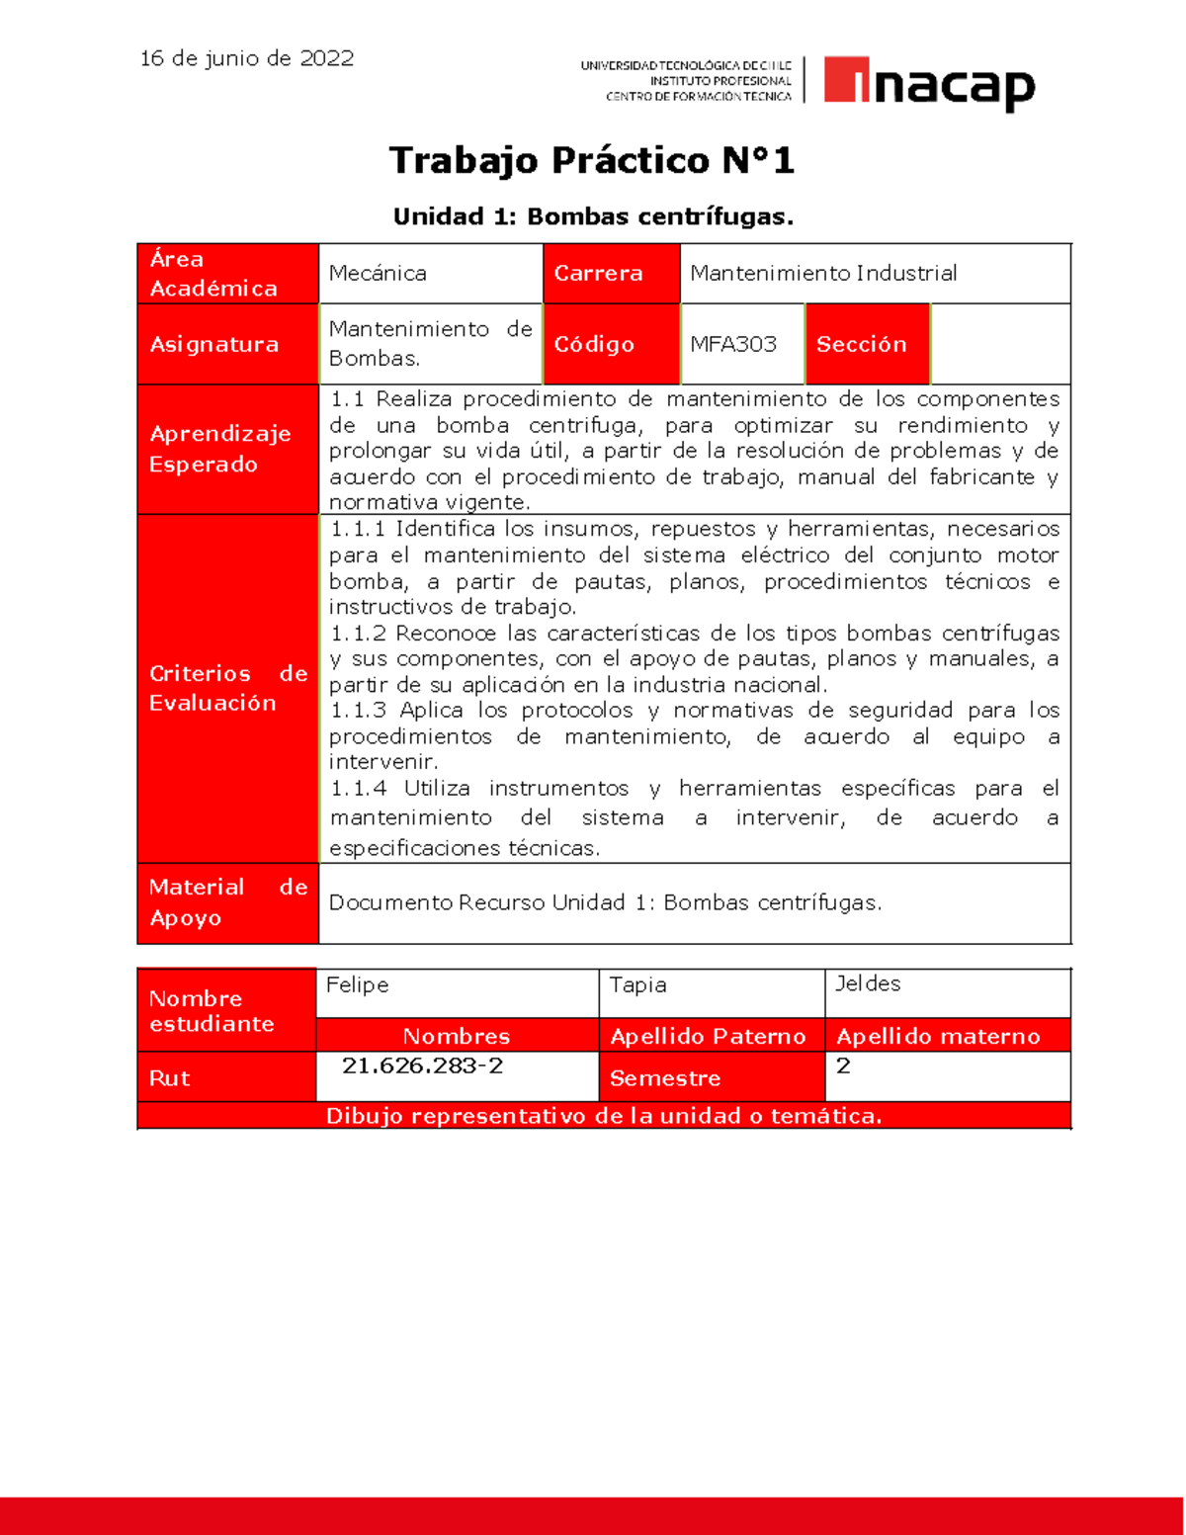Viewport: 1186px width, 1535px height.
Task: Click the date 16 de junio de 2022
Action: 246,58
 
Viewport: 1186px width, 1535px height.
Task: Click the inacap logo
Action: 928,84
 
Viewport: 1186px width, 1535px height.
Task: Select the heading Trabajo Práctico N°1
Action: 591,160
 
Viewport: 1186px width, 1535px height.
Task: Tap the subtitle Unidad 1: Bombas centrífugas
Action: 593,216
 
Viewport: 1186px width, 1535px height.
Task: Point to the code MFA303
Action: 733,344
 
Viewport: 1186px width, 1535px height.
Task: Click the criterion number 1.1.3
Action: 358,711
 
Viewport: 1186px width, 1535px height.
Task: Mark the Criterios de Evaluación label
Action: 227,688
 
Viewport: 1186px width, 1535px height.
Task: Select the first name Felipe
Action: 357,984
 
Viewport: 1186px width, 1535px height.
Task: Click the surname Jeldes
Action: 868,983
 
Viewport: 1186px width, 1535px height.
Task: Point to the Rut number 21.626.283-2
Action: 422,1066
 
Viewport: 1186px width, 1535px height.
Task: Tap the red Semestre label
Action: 664,1078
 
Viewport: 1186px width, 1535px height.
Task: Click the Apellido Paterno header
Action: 708,1036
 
